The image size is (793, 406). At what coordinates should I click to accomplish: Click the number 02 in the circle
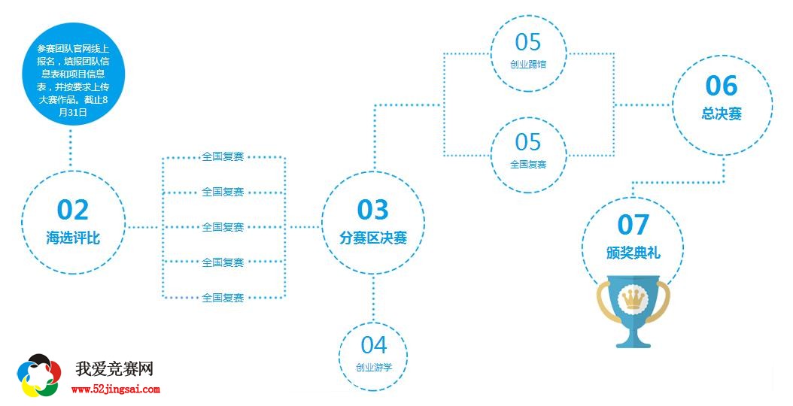tap(72, 210)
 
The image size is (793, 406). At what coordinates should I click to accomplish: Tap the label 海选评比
tap(72, 238)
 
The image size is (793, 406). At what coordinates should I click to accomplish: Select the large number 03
tap(372, 209)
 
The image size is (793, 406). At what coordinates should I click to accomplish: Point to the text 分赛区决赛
tap(372, 238)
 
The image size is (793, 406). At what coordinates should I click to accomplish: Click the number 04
tap(373, 345)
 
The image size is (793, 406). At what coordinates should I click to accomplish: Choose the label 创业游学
tap(373, 368)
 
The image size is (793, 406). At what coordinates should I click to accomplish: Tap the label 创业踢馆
tap(528, 64)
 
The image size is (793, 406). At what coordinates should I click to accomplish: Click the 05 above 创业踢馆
tap(528, 41)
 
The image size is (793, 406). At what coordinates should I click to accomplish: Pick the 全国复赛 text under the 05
tap(528, 164)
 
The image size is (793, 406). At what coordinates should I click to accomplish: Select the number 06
tap(722, 86)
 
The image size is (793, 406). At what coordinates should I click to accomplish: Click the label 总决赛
tap(722, 114)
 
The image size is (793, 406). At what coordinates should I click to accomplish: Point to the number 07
tap(633, 224)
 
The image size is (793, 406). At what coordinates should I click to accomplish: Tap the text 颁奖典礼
tap(633, 253)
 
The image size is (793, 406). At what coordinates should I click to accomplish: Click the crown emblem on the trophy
tap(632, 300)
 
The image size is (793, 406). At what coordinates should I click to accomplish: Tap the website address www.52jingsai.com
tap(116, 389)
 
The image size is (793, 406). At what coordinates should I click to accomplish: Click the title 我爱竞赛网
tap(114, 369)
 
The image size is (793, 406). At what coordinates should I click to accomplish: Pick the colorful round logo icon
tap(39, 375)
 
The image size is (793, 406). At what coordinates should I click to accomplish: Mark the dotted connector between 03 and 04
tap(373, 297)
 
